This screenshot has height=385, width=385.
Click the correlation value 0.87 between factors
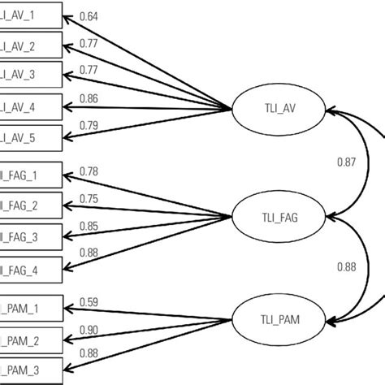click(x=346, y=162)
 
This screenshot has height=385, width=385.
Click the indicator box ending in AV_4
click(x=30, y=106)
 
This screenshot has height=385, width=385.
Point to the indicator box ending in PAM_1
click(x=30, y=309)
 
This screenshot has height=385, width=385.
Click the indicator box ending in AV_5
click(x=30, y=136)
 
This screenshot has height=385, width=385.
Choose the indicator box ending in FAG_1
click(x=30, y=174)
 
